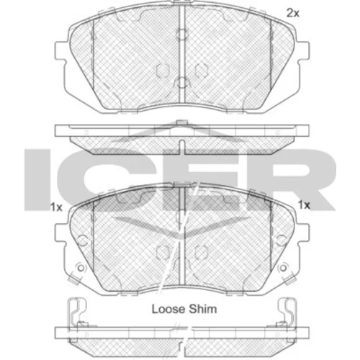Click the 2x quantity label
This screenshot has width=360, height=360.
(293, 13)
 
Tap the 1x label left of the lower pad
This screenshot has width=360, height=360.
(56, 207)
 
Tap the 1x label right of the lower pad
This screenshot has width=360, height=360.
(304, 205)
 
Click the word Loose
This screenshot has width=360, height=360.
(169, 309)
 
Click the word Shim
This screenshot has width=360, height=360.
(203, 309)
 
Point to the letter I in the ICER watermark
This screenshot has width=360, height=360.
(37, 180)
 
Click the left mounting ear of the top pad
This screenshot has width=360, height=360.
(60, 51)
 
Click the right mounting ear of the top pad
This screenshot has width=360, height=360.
(304, 51)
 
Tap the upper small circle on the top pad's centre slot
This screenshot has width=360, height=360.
(182, 34)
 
